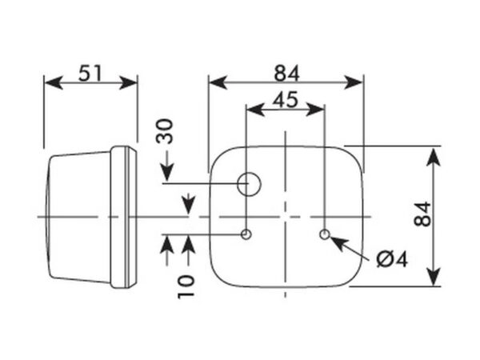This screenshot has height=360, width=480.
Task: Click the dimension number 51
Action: point(90,73)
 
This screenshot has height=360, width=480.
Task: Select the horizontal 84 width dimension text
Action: point(286,74)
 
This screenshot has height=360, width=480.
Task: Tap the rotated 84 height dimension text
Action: point(422,214)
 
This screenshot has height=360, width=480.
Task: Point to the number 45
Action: point(286,99)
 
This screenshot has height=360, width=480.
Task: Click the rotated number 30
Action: point(165,131)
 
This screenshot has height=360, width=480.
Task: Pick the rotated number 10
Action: point(186,286)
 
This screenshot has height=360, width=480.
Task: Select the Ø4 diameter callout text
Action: point(392,259)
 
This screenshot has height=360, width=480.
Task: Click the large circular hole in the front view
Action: point(249,184)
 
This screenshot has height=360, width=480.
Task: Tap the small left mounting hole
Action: point(246,234)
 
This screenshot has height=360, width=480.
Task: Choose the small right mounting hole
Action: point(325,234)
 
